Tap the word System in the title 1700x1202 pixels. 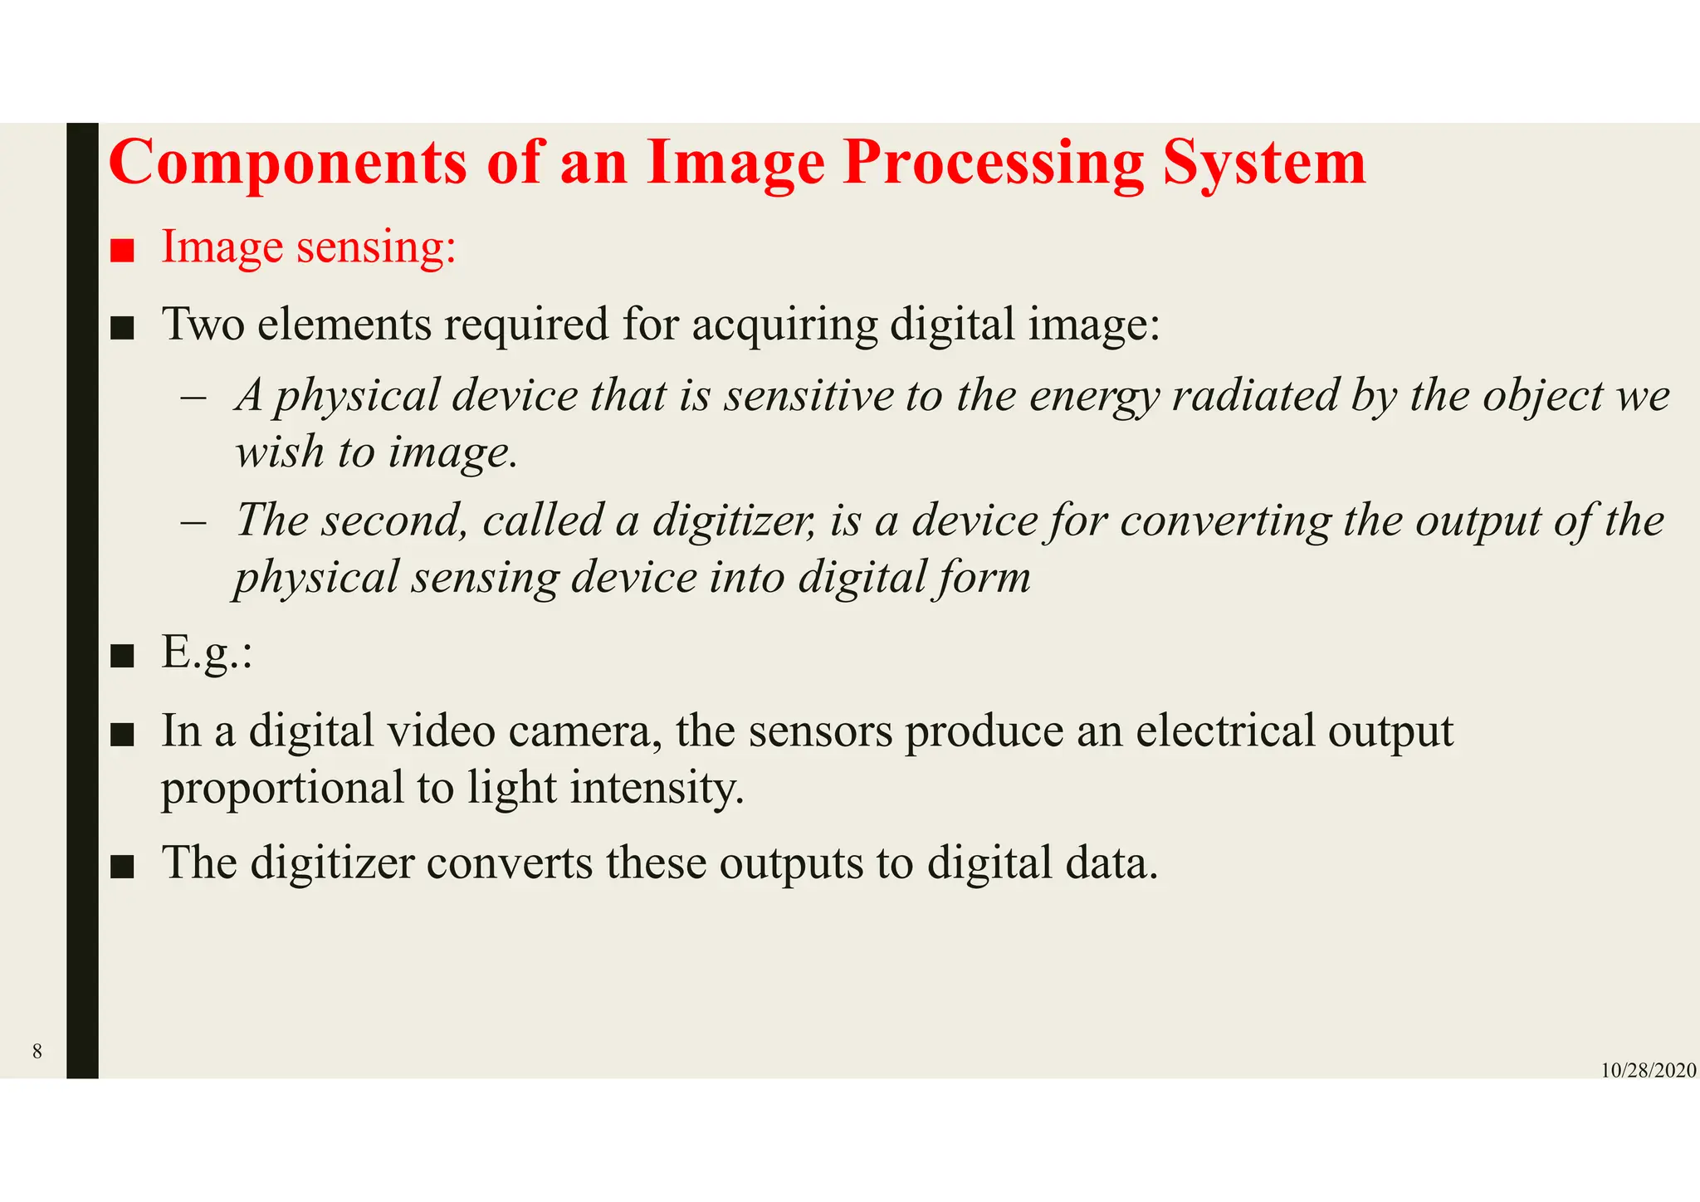(x=1263, y=163)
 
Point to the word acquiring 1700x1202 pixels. (x=784, y=325)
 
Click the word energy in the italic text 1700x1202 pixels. (x=1093, y=397)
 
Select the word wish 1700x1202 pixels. (x=279, y=452)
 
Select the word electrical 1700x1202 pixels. (x=1224, y=731)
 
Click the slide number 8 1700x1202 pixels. (x=37, y=1052)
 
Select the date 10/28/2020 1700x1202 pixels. (x=1648, y=1071)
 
